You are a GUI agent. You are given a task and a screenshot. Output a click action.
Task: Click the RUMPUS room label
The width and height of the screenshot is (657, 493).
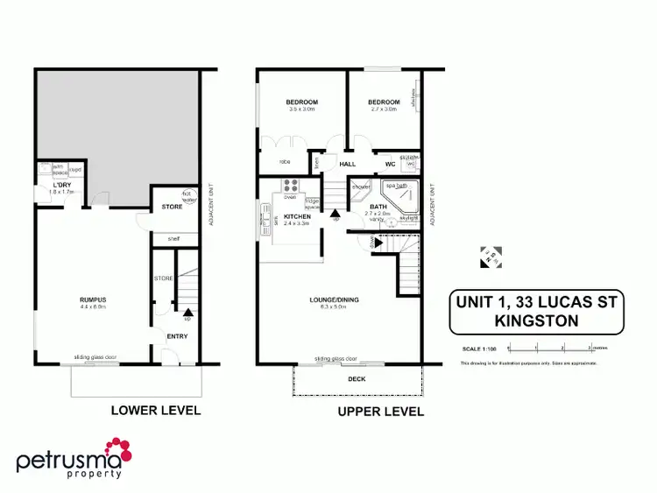click(92, 299)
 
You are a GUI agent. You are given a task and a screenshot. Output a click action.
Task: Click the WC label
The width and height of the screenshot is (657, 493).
click(390, 164)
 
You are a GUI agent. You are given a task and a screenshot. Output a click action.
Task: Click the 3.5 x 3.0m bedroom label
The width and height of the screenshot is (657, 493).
click(301, 102)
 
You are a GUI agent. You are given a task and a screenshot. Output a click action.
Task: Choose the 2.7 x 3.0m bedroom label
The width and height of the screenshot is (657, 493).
click(383, 102)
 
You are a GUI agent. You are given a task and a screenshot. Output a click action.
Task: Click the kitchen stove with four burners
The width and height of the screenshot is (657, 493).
click(292, 185)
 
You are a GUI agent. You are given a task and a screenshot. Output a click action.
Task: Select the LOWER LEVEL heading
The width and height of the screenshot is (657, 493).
click(155, 410)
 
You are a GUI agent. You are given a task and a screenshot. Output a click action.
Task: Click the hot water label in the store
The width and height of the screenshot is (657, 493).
click(187, 194)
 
